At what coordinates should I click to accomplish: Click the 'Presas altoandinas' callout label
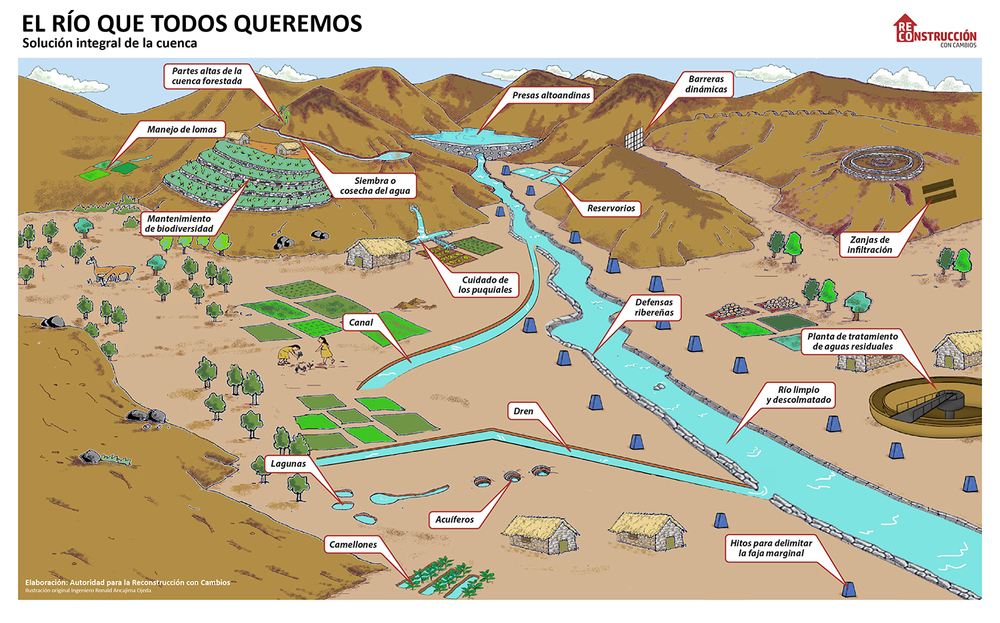click(551, 95)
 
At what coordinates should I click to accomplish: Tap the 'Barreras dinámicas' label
click(706, 85)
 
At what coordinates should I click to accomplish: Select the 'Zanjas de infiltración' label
click(869, 245)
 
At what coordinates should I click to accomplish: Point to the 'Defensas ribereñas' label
click(654, 307)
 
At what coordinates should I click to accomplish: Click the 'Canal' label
click(361, 323)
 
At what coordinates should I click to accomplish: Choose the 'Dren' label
click(523, 412)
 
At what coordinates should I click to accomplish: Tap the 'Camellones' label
click(353, 545)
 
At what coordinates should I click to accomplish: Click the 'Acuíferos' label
click(455, 520)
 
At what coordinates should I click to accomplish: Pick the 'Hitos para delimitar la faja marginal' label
click(771, 548)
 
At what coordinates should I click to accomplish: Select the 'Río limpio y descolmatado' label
click(798, 395)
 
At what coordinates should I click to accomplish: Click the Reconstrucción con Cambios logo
click(935, 31)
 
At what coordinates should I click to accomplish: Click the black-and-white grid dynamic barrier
click(634, 138)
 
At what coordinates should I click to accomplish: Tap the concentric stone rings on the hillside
click(882, 162)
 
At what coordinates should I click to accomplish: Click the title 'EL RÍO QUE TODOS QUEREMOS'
click(192, 24)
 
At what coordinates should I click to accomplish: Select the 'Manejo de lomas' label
click(182, 129)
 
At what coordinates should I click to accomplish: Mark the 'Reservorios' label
click(611, 209)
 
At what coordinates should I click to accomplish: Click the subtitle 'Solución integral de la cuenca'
click(110, 44)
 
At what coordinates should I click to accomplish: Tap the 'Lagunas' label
click(288, 464)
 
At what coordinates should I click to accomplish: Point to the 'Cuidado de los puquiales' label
click(485, 285)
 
